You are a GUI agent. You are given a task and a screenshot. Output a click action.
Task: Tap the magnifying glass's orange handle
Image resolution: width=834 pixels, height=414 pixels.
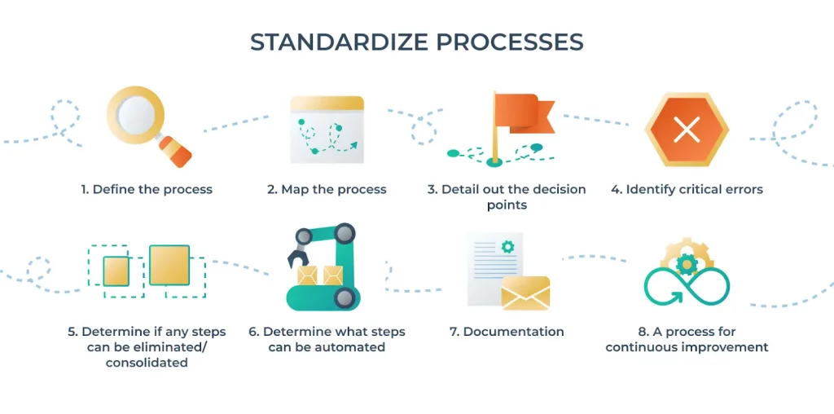pos(175,150)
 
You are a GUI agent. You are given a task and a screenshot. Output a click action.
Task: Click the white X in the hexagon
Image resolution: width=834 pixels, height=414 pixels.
pos(687,130)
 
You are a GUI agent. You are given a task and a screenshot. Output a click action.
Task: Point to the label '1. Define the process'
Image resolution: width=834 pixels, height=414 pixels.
pos(147,189)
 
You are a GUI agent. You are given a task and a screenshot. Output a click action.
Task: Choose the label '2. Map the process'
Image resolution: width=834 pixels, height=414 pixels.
pos(327,189)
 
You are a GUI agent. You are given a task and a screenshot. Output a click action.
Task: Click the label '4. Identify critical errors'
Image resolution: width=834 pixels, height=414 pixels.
pos(687,189)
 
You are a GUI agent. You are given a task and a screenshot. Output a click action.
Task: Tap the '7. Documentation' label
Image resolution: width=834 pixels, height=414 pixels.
pos(507,332)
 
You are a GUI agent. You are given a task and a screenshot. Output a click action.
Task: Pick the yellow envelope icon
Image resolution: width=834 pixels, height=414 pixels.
pos(525,293)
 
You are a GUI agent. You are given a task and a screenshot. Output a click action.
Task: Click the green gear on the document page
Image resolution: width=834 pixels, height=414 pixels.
pos(507,246)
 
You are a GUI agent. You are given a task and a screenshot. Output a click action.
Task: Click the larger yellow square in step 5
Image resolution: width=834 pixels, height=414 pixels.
pos(169,265)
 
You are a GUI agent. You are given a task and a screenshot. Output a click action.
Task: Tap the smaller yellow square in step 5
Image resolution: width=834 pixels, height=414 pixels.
pos(116,270)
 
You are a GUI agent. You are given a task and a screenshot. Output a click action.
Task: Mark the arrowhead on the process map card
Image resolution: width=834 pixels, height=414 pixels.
pos(353,146)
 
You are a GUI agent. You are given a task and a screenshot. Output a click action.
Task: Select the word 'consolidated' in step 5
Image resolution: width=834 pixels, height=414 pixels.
pos(147,363)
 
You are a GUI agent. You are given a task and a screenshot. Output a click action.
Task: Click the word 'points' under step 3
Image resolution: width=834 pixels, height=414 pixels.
pos(507,205)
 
